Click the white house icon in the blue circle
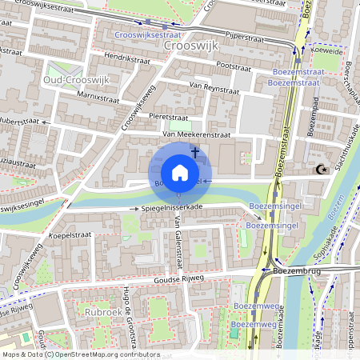tap(180, 172)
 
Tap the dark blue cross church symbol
tap(194, 150)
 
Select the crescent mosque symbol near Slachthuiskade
tap(322, 170)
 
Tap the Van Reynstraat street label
tap(214, 88)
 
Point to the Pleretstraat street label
tap(169, 117)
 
